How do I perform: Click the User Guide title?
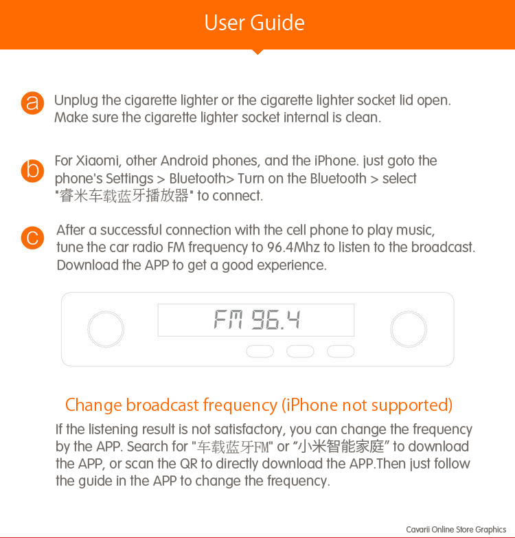point(255,23)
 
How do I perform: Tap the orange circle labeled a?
point(32,103)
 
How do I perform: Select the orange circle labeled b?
point(32,170)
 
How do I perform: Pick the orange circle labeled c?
point(32,238)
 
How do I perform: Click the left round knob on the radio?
point(106,328)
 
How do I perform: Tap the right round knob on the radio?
point(409,328)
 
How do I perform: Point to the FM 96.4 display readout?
point(257,320)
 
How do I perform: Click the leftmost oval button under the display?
point(260,351)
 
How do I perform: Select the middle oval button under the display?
point(300,351)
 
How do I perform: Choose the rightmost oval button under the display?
point(341,351)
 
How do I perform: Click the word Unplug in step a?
point(76,100)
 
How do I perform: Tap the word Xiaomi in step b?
point(97,161)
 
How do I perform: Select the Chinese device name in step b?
point(124,196)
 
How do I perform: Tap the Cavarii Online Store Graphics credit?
point(456,530)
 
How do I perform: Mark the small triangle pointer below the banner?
point(257,52)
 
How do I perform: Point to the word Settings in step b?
point(129,179)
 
